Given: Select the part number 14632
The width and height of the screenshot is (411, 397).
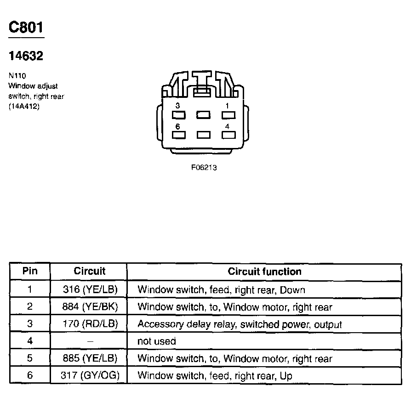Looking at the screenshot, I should [26, 56].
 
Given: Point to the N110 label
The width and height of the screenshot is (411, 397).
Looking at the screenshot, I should [17, 76].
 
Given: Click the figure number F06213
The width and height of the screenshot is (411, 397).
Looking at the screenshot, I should [204, 168].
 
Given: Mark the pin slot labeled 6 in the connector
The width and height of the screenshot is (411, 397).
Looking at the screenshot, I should [179, 135].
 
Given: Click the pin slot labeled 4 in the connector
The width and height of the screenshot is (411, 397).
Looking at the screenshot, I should [228, 135].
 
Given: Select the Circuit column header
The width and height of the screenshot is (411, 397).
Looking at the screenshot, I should [89, 271].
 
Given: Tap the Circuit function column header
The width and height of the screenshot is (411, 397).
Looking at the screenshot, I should [264, 271].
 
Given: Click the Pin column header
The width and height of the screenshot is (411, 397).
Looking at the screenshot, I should [30, 271].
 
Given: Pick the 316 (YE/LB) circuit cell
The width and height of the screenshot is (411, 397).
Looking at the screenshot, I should [90, 289].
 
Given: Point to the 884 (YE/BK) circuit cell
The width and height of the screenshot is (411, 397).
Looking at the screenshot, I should [90, 306].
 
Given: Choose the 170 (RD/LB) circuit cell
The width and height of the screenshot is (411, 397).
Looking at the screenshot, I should [90, 324].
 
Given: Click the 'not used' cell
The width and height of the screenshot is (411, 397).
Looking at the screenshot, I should [157, 341].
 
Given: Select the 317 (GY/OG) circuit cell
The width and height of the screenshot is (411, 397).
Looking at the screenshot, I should [90, 375].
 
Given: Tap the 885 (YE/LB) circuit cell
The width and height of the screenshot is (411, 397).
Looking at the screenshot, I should [90, 358].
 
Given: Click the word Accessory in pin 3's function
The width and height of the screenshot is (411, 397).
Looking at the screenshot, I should [160, 324].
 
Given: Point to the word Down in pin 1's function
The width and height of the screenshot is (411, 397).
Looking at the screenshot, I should [292, 290].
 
